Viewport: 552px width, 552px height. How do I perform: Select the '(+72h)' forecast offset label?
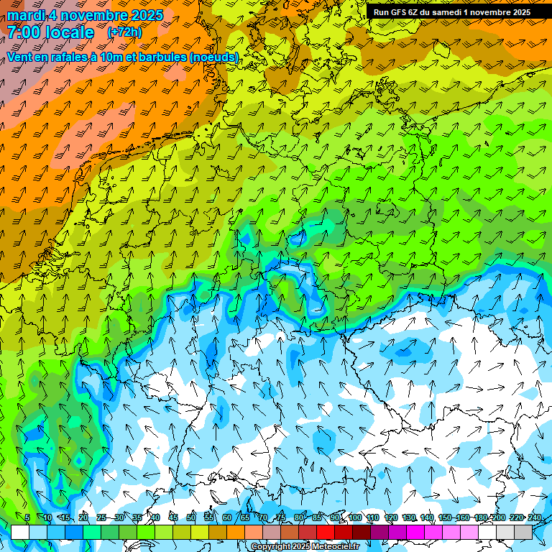(124, 32)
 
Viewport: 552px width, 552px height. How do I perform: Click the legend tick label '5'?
(27, 518)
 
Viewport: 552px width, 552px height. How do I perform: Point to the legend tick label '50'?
(190, 518)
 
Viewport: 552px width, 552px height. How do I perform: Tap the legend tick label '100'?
(354, 518)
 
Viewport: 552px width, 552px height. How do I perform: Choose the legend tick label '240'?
(535, 518)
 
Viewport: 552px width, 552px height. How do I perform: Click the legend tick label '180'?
(480, 518)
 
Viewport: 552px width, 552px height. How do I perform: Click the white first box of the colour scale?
(20, 532)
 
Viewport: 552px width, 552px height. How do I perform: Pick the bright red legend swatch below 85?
(326, 532)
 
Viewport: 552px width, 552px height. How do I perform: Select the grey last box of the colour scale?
(523, 532)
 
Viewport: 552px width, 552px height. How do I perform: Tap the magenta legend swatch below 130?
(415, 532)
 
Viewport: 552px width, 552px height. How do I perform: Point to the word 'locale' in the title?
(70, 32)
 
